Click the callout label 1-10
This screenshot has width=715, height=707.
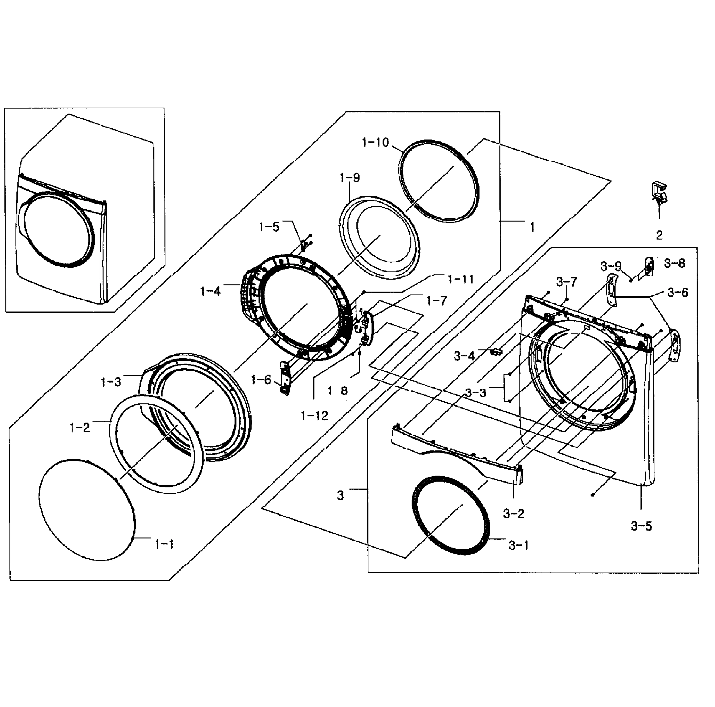pos(375,143)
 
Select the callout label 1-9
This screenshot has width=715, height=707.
pos(350,178)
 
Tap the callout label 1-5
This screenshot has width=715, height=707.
pos(269,227)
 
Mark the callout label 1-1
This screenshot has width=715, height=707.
pos(164,544)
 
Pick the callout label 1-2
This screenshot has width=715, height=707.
pos(80,428)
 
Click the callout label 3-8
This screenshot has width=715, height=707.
pos(674,263)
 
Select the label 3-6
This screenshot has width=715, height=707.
pos(678,293)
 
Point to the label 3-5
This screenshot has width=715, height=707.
pos(641,526)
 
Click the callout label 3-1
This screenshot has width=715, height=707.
pos(519,545)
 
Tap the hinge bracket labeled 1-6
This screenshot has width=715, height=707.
pos(286,378)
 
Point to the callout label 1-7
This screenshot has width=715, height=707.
pos(437,301)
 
